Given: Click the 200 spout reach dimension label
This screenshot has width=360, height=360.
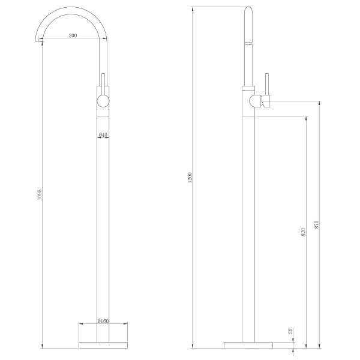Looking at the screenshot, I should point(73,37).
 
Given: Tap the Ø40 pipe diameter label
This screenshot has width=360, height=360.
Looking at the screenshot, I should point(103,135).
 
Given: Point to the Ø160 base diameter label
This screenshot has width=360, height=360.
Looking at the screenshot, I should point(103,321).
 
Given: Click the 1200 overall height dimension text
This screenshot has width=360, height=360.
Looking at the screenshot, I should point(190,178).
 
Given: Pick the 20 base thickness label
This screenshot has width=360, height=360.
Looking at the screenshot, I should point(291,331).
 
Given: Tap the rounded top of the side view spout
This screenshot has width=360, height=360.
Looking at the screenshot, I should point(250,11).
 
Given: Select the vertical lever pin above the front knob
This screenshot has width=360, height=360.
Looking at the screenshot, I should point(103,81).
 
